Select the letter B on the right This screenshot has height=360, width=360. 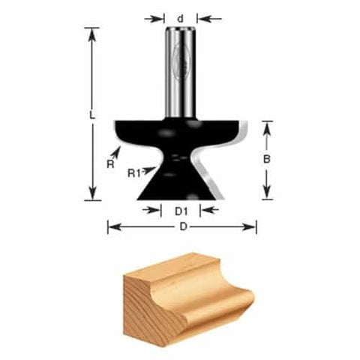coord(267,159)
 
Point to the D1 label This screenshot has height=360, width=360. coord(181,211)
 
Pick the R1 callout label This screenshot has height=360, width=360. coord(133,173)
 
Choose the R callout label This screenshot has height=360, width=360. coord(109,164)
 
